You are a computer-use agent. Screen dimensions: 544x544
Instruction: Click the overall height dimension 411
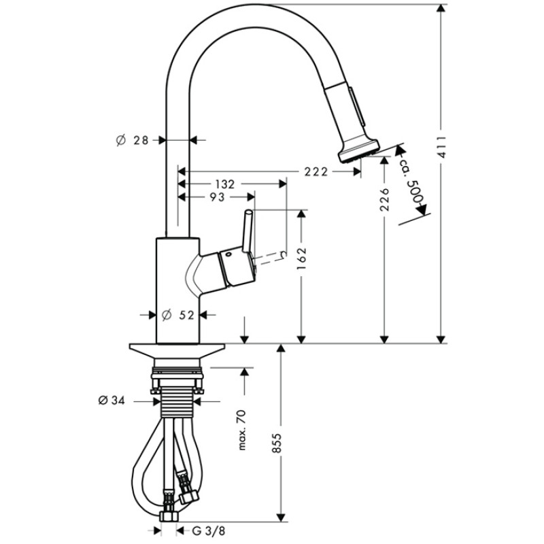[x=441, y=147]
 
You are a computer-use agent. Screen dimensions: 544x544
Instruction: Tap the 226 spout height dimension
[x=384, y=199]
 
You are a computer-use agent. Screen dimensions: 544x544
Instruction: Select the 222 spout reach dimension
[x=316, y=171]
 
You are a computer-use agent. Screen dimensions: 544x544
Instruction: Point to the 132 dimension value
[x=225, y=184]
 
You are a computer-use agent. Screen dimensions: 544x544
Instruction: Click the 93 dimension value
[x=217, y=197]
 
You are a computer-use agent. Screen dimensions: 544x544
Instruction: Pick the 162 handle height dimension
[x=301, y=259]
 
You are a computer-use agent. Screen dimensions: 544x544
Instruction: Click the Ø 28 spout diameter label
[x=132, y=140]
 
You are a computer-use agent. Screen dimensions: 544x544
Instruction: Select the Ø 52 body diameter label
[x=178, y=315]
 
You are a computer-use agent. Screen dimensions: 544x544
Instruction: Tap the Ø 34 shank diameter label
[x=112, y=401]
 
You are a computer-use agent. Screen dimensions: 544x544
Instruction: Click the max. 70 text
[x=242, y=430]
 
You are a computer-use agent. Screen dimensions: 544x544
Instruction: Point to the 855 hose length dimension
[x=277, y=443]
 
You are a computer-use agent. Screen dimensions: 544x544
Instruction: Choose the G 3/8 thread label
[x=208, y=531]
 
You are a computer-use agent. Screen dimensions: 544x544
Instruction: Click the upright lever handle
[x=248, y=231]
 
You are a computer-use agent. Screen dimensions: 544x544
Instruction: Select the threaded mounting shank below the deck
[x=177, y=403]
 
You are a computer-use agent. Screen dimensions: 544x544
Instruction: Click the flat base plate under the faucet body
[x=177, y=351]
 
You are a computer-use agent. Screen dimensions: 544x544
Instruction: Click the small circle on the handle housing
[x=228, y=254]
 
